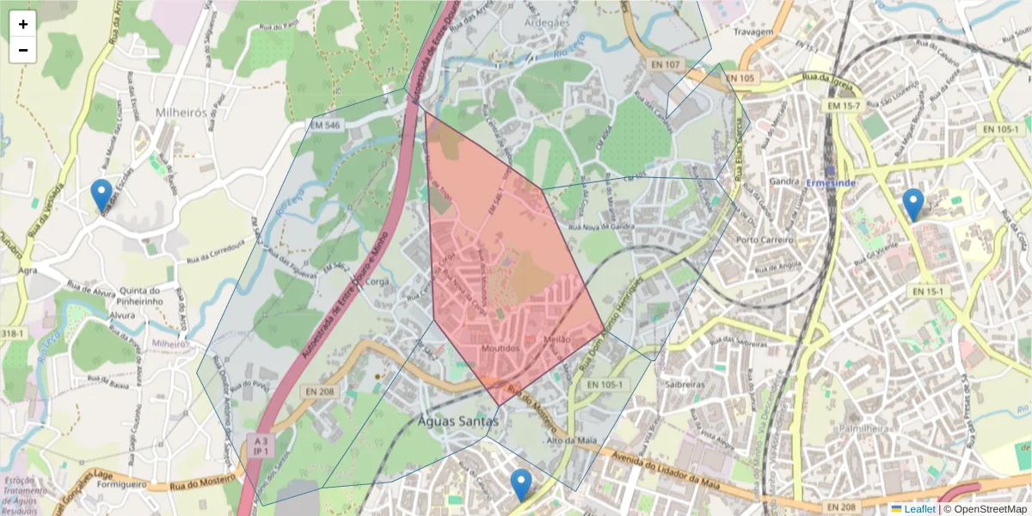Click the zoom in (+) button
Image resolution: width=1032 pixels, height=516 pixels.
click(x=23, y=24)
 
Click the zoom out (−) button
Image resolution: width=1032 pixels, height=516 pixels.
click(x=23, y=50)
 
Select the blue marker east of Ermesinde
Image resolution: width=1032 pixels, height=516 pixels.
click(x=913, y=205)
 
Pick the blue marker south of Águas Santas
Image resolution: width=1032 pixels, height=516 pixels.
click(x=520, y=485)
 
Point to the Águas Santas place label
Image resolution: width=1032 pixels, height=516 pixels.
click(x=458, y=421)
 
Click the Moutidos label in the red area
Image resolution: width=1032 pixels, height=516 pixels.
click(x=501, y=348)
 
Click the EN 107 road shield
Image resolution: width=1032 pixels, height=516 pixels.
click(x=666, y=64)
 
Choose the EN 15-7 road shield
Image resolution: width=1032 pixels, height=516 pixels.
click(x=843, y=105)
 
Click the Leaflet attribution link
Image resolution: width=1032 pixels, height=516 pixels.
click(x=918, y=509)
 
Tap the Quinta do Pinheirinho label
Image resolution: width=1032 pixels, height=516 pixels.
click(x=141, y=296)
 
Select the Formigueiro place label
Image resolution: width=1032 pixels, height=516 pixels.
click(x=120, y=484)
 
